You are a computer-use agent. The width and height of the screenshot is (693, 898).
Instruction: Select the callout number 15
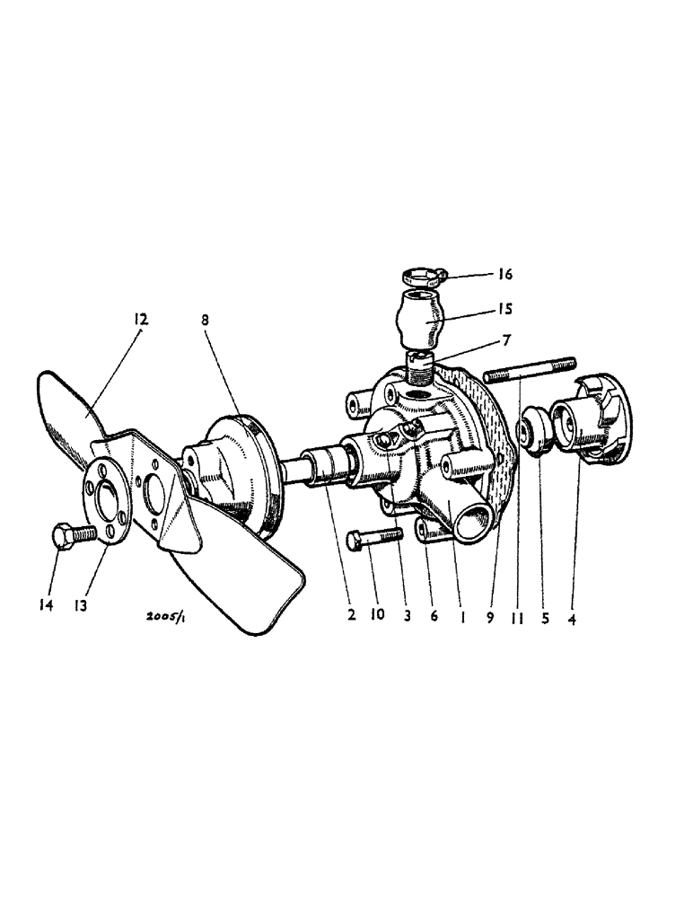point(504,309)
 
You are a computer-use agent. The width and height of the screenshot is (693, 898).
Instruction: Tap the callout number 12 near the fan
point(141,320)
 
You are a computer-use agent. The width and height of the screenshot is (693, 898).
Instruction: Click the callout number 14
point(46,606)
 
